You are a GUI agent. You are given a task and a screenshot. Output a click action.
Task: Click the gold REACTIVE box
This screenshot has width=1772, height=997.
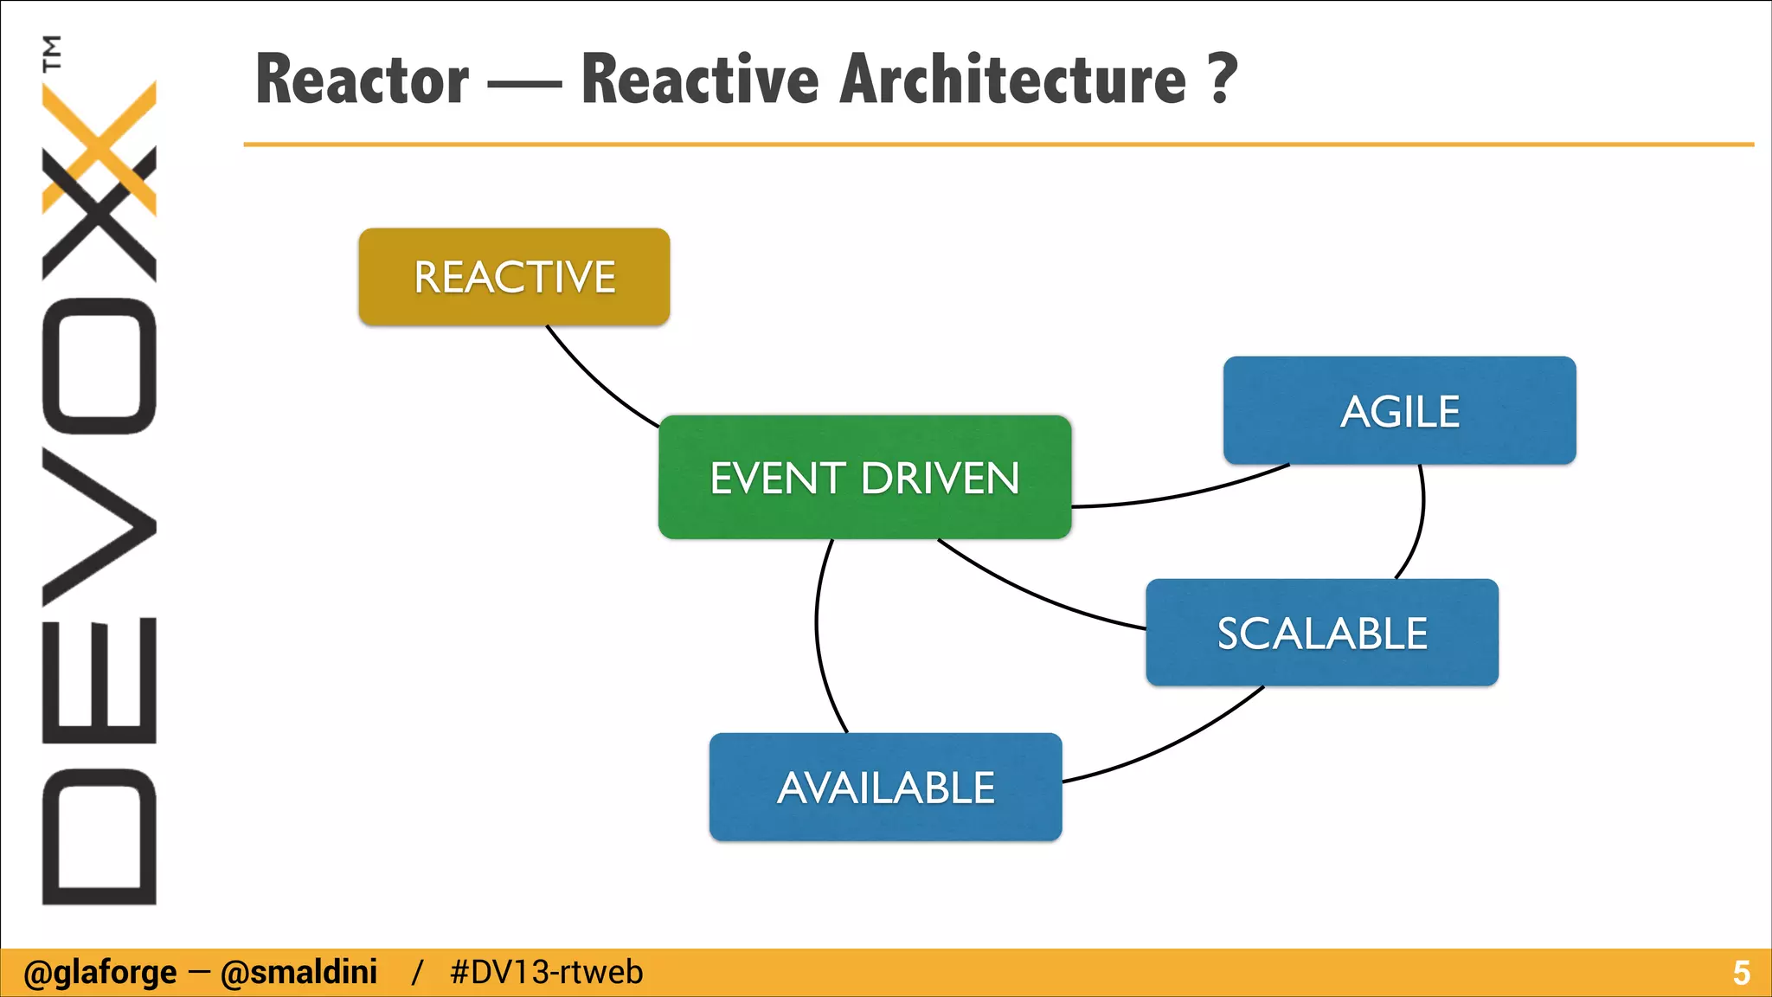[514, 277]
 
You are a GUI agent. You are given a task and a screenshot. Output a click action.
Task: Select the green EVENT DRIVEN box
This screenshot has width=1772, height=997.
[864, 478]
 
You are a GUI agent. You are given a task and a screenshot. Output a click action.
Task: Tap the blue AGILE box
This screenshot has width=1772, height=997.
[1399, 410]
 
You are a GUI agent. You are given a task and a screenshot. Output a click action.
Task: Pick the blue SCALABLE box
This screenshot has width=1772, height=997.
[1321, 633]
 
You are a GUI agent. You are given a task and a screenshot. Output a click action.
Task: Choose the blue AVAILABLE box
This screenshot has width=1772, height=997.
[885, 787]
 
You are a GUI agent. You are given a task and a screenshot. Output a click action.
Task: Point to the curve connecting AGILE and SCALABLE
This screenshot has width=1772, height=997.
[1422, 519]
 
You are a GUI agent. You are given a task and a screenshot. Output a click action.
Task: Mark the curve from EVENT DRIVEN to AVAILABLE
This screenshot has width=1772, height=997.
[817, 632]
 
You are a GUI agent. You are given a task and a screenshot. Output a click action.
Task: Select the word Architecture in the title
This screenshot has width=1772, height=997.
[1012, 80]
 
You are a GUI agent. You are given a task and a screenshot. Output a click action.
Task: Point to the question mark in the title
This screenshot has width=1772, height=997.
[1223, 78]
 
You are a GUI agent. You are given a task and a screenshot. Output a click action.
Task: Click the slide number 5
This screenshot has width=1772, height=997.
[1741, 973]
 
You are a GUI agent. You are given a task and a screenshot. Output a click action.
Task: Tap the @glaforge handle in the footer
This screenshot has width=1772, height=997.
[100, 973]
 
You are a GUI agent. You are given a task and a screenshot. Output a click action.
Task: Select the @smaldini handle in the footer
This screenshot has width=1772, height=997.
[299, 973]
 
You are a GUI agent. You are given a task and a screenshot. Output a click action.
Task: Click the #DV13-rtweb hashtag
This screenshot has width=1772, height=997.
[546, 973]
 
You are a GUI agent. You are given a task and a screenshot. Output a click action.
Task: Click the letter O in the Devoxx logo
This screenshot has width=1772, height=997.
[99, 365]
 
